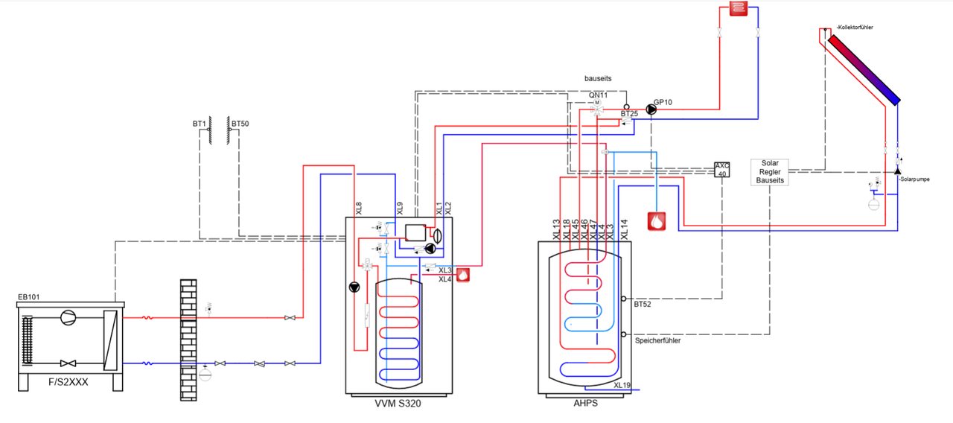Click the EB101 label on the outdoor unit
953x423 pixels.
pyautogui.click(x=28, y=297)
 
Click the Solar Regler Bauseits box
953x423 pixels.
pyautogui.click(x=770, y=172)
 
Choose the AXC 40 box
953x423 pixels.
pyautogui.click(x=721, y=170)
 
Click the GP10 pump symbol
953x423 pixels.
pyautogui.click(x=651, y=109)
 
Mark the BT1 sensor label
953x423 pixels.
pyautogui.click(x=198, y=123)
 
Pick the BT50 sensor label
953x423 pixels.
pyautogui.click(x=240, y=123)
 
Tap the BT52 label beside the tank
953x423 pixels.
pyautogui.click(x=643, y=305)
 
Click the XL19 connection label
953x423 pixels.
pyautogui.click(x=622, y=385)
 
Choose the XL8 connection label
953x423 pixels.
pyautogui.click(x=359, y=209)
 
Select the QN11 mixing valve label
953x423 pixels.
pyautogui.click(x=598, y=95)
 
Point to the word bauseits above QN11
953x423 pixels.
pyautogui.click(x=598, y=77)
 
